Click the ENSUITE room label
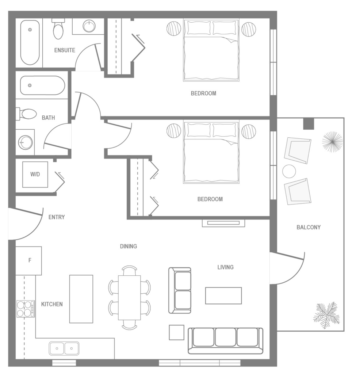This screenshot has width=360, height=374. point(65,50)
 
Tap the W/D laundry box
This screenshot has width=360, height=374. point(35,174)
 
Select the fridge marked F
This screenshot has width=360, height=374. point(29,260)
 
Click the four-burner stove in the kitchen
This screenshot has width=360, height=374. point(26,309)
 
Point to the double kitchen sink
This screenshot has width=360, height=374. point(64,348)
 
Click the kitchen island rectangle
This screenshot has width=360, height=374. point(81,299)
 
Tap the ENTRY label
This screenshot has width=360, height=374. point(57,217)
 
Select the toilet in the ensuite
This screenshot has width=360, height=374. point(58,29)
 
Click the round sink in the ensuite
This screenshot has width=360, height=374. point(89,26)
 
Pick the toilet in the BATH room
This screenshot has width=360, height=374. point(27,114)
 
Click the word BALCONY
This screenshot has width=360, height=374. point(309,227)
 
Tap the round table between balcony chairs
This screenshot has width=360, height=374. point(289,171)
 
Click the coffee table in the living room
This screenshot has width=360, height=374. point(223,295)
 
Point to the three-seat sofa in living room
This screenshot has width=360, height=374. point(225,340)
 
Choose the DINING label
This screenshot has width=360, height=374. point(129,246)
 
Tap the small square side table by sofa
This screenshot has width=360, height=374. point(177,332)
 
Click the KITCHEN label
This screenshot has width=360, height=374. point(52,304)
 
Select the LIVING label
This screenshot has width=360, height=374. point(225,267)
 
